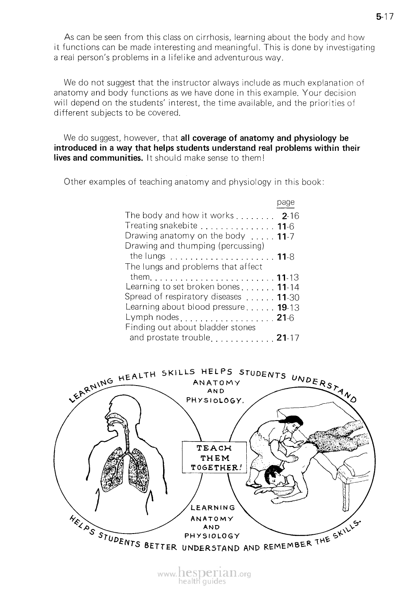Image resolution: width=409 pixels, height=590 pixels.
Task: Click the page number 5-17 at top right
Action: pyautogui.click(x=384, y=17)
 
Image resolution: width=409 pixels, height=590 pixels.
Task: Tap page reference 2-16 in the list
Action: pyautogui.click(x=291, y=216)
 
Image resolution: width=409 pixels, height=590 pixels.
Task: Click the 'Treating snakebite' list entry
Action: pyautogui.click(x=161, y=226)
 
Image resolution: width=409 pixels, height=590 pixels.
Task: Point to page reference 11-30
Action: pyautogui.click(x=288, y=298)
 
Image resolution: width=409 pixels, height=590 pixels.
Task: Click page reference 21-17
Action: pyautogui.click(x=288, y=338)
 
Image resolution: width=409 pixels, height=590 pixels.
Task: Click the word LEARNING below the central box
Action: pyautogui.click(x=212, y=507)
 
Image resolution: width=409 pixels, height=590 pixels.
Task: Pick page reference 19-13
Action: pyautogui.click(x=288, y=308)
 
